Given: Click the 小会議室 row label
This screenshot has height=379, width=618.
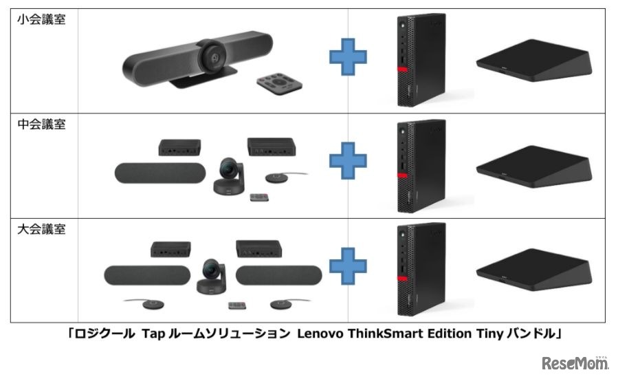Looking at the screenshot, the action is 41,19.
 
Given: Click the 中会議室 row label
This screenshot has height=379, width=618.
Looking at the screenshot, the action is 41,124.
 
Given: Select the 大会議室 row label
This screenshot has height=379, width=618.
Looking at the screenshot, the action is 41,229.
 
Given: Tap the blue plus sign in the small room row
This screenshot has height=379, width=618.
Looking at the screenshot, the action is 348,57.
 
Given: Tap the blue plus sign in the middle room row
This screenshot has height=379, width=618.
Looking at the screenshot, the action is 348,161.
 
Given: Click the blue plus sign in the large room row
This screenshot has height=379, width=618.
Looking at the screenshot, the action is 348,266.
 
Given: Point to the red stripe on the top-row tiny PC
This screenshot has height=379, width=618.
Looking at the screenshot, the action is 402,69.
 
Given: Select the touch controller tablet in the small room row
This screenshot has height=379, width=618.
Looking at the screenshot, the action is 534,61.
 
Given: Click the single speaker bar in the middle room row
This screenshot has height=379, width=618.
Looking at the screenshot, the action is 160,173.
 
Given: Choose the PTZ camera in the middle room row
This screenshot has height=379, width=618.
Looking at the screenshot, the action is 229,176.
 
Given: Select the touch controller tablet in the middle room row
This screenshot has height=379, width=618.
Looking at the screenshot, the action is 534,166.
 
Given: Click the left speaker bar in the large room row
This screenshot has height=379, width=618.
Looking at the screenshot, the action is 147,275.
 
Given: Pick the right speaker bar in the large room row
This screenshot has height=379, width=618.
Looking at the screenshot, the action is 279,275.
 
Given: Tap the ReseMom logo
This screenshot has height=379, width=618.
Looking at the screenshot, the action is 575,362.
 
